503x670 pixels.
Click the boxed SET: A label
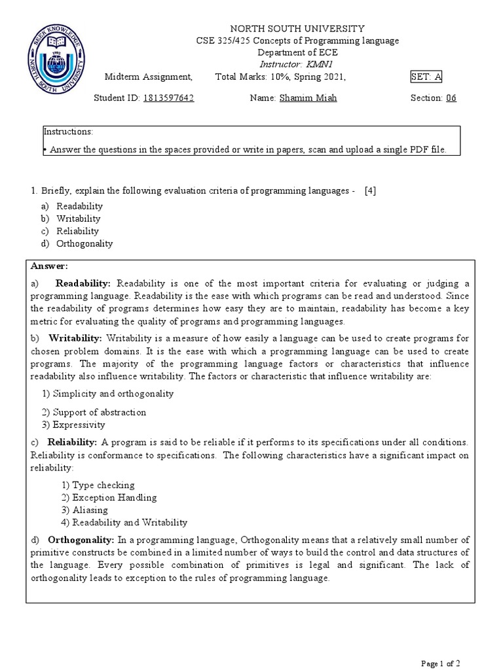[x=426, y=77]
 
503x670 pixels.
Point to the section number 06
[x=451, y=98]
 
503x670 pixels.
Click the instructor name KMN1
[x=321, y=64]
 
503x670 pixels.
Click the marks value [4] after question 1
[x=371, y=190]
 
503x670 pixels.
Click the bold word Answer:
[x=49, y=266]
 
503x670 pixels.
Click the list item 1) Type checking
[x=98, y=485]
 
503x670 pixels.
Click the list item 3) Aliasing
[x=85, y=510]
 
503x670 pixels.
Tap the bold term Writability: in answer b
[x=75, y=338]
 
